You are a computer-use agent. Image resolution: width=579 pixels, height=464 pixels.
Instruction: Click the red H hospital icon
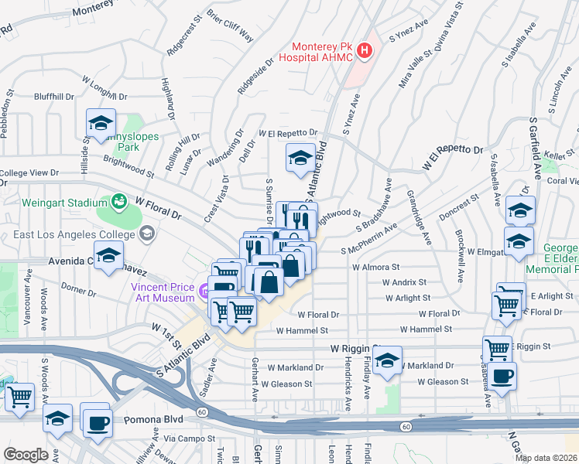[x=364, y=52]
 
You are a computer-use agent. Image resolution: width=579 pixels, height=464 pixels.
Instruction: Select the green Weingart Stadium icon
[x=118, y=202]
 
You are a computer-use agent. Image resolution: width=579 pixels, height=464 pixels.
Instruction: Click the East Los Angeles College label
[x=70, y=232]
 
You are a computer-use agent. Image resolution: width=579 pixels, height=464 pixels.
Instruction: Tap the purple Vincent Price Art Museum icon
[x=204, y=292]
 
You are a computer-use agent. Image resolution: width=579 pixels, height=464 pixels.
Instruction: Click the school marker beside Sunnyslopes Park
[x=101, y=123]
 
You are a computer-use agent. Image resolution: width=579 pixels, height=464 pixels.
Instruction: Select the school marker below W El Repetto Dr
[x=300, y=159]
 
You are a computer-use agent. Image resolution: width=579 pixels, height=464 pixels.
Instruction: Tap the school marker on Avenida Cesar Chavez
[x=109, y=254]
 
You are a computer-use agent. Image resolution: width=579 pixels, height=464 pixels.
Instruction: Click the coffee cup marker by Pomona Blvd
[x=98, y=424]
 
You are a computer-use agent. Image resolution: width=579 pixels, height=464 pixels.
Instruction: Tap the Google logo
[x=26, y=455]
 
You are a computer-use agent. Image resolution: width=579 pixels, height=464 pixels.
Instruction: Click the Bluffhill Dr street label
[x=54, y=97]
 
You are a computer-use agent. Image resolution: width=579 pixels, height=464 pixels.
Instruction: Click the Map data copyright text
[x=546, y=458]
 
